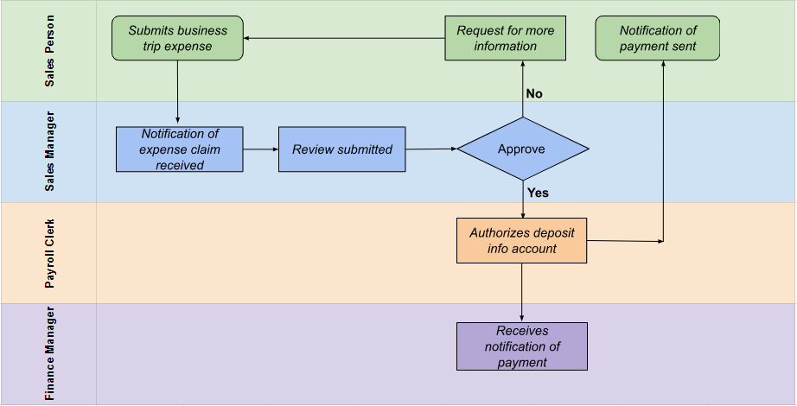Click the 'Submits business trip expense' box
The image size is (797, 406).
178,39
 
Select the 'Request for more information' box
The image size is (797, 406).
505,39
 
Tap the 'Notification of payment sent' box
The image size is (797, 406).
658,39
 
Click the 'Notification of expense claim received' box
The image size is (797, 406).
180,149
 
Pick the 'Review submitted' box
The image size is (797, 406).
341,149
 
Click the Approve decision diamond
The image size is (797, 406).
522,149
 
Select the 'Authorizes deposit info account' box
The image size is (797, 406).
521,241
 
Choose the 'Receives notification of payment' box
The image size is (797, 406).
521,346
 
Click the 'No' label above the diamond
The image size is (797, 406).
534,93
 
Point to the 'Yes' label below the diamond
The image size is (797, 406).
538,193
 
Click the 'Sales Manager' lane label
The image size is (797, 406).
49,152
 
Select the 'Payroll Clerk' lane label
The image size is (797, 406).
49,252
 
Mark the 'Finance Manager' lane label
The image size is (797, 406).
49,354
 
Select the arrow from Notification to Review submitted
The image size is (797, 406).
260,149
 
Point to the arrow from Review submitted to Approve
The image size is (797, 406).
430,149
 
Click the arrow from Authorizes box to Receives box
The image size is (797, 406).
522,292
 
